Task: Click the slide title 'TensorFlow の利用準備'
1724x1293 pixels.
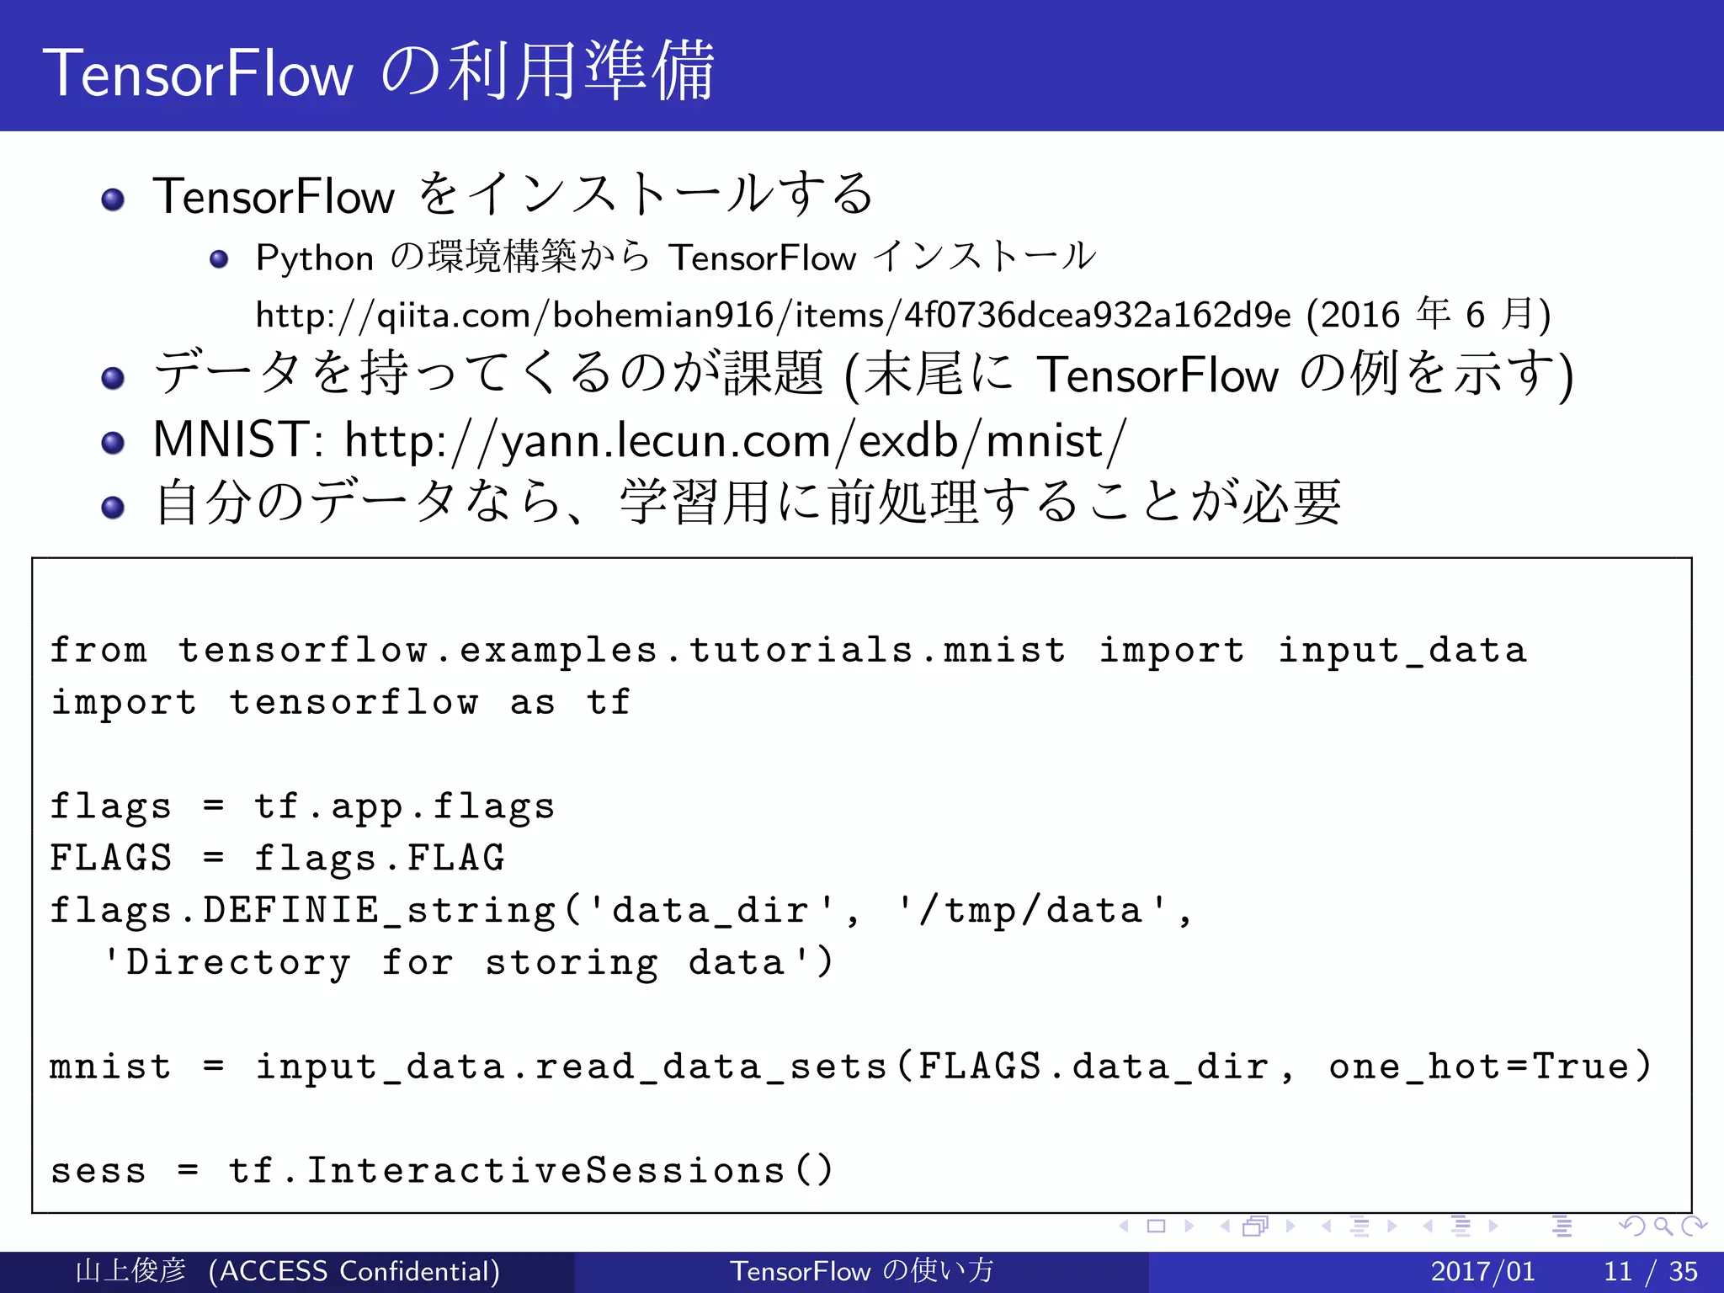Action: (379, 72)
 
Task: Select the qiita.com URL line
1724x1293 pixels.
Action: (773, 316)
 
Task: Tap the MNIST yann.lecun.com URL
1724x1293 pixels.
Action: (734, 440)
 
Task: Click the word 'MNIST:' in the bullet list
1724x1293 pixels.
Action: (237, 440)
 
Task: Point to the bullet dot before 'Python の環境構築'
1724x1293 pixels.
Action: (219, 259)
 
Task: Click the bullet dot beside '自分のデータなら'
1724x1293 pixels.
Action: (113, 508)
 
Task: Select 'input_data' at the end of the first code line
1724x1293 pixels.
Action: (1402, 651)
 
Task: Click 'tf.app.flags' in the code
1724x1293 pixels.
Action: (404, 806)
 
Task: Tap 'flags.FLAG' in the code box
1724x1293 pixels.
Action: (379, 859)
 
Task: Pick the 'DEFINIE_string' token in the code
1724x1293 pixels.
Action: (379, 911)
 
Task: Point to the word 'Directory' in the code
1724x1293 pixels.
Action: (237, 963)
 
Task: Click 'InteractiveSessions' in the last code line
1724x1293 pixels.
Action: (545, 1171)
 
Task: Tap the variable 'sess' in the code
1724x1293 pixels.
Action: (98, 1171)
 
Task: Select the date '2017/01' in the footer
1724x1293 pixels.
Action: (1482, 1271)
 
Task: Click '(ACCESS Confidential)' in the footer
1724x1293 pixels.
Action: (354, 1271)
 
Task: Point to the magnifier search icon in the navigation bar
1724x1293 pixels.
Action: (1663, 1226)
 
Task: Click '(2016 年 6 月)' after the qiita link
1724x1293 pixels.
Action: (1429, 316)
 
